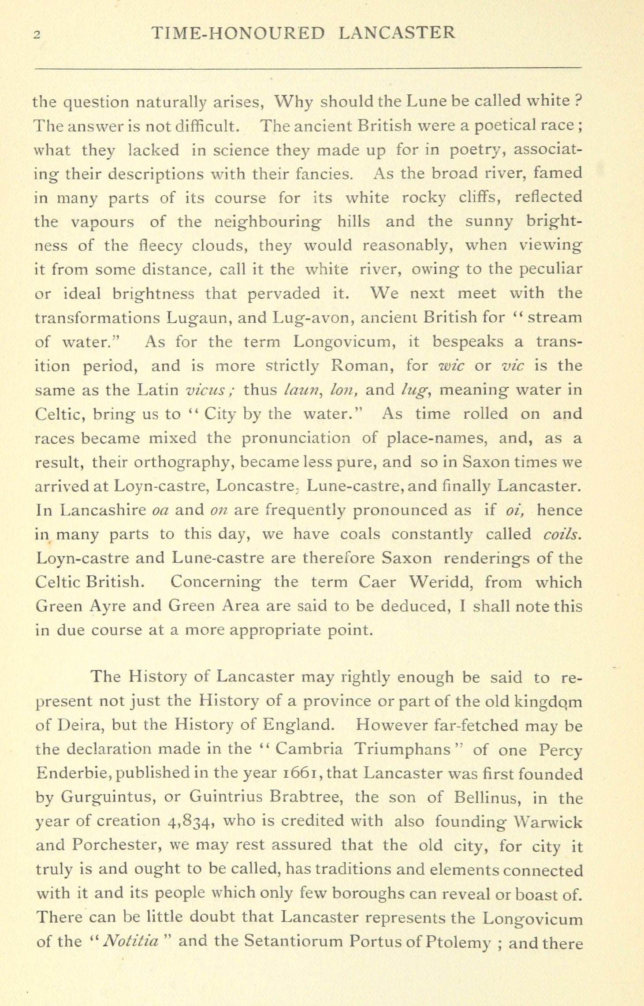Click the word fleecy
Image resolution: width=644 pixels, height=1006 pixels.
160,245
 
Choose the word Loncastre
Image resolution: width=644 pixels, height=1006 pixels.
256,486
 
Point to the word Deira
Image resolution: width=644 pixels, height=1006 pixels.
78,725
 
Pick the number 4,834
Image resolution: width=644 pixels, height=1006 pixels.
191,822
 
